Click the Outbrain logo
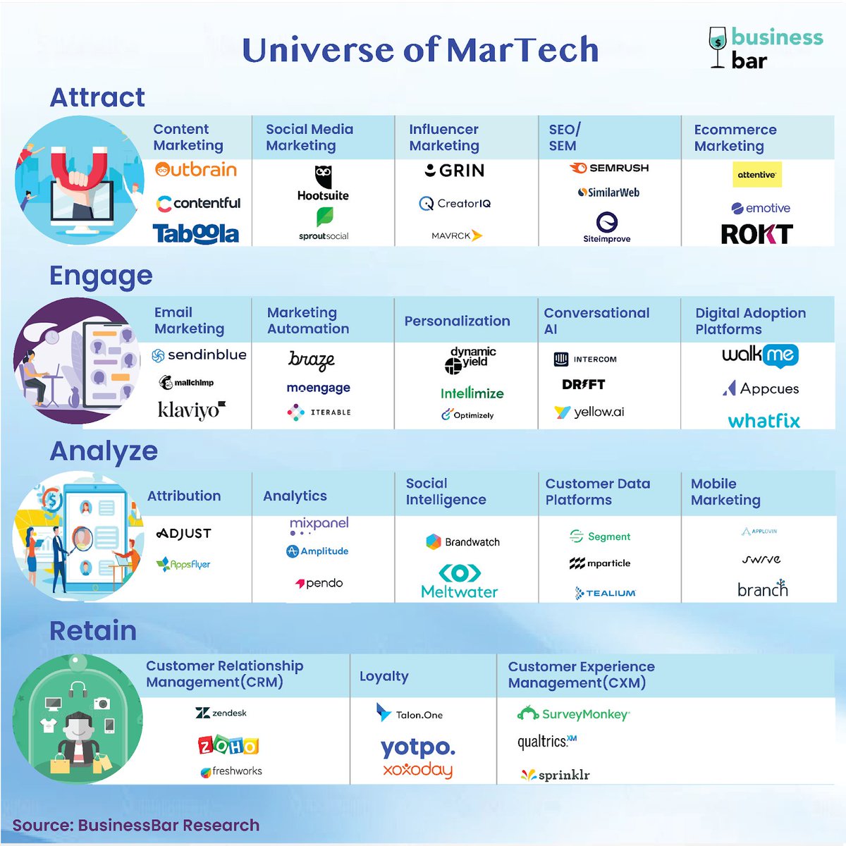(x=196, y=170)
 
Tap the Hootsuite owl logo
(x=323, y=176)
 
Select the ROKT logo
(x=756, y=234)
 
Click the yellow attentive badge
(x=756, y=174)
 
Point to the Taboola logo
(x=196, y=234)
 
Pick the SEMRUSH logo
(x=609, y=168)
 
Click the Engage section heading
(x=101, y=276)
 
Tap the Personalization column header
(x=457, y=321)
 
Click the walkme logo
(x=759, y=355)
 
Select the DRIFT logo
(x=583, y=384)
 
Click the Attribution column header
(x=184, y=496)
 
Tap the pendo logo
(x=319, y=583)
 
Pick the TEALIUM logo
(x=606, y=593)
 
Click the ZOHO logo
(x=228, y=745)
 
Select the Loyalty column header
(x=384, y=676)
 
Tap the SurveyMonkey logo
(x=573, y=714)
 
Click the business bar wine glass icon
(x=718, y=47)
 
